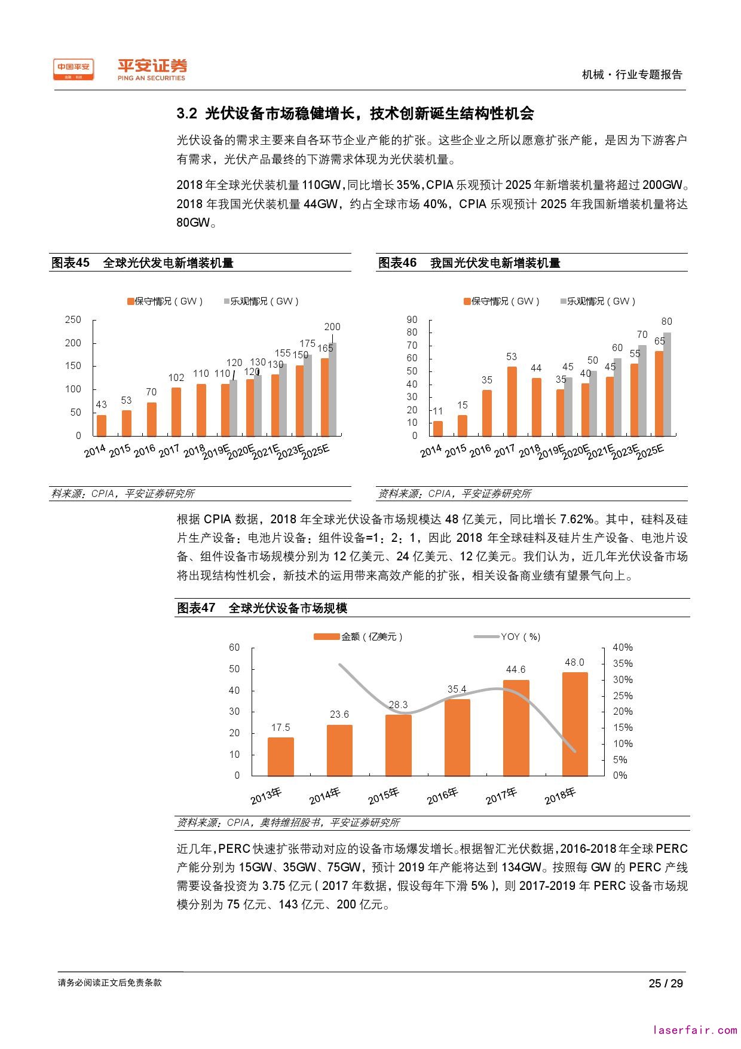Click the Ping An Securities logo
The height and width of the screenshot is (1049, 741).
(151, 69)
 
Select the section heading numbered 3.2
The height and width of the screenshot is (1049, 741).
(355, 114)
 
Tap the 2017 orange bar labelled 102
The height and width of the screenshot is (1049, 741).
(176, 411)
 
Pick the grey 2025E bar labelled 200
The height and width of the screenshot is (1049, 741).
(333, 389)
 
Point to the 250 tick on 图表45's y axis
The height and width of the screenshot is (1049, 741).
(73, 320)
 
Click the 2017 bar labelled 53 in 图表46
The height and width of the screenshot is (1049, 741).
(512, 401)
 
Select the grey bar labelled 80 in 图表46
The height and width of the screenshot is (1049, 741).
(667, 384)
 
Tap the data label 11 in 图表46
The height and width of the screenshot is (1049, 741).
(438, 411)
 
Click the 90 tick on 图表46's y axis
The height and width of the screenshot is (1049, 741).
(412, 320)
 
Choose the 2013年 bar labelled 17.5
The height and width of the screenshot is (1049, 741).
(280, 757)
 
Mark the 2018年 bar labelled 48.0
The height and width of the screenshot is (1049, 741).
(574, 724)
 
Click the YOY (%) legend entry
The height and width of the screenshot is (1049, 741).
(507, 637)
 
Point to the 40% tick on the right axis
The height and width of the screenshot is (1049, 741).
(623, 648)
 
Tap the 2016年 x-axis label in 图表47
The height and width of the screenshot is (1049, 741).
(443, 795)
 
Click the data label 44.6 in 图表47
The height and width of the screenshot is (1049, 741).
(516, 670)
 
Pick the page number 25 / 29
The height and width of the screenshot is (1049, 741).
(666, 983)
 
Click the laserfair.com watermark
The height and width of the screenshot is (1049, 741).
(695, 1030)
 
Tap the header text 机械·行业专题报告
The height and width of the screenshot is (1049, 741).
(632, 75)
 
